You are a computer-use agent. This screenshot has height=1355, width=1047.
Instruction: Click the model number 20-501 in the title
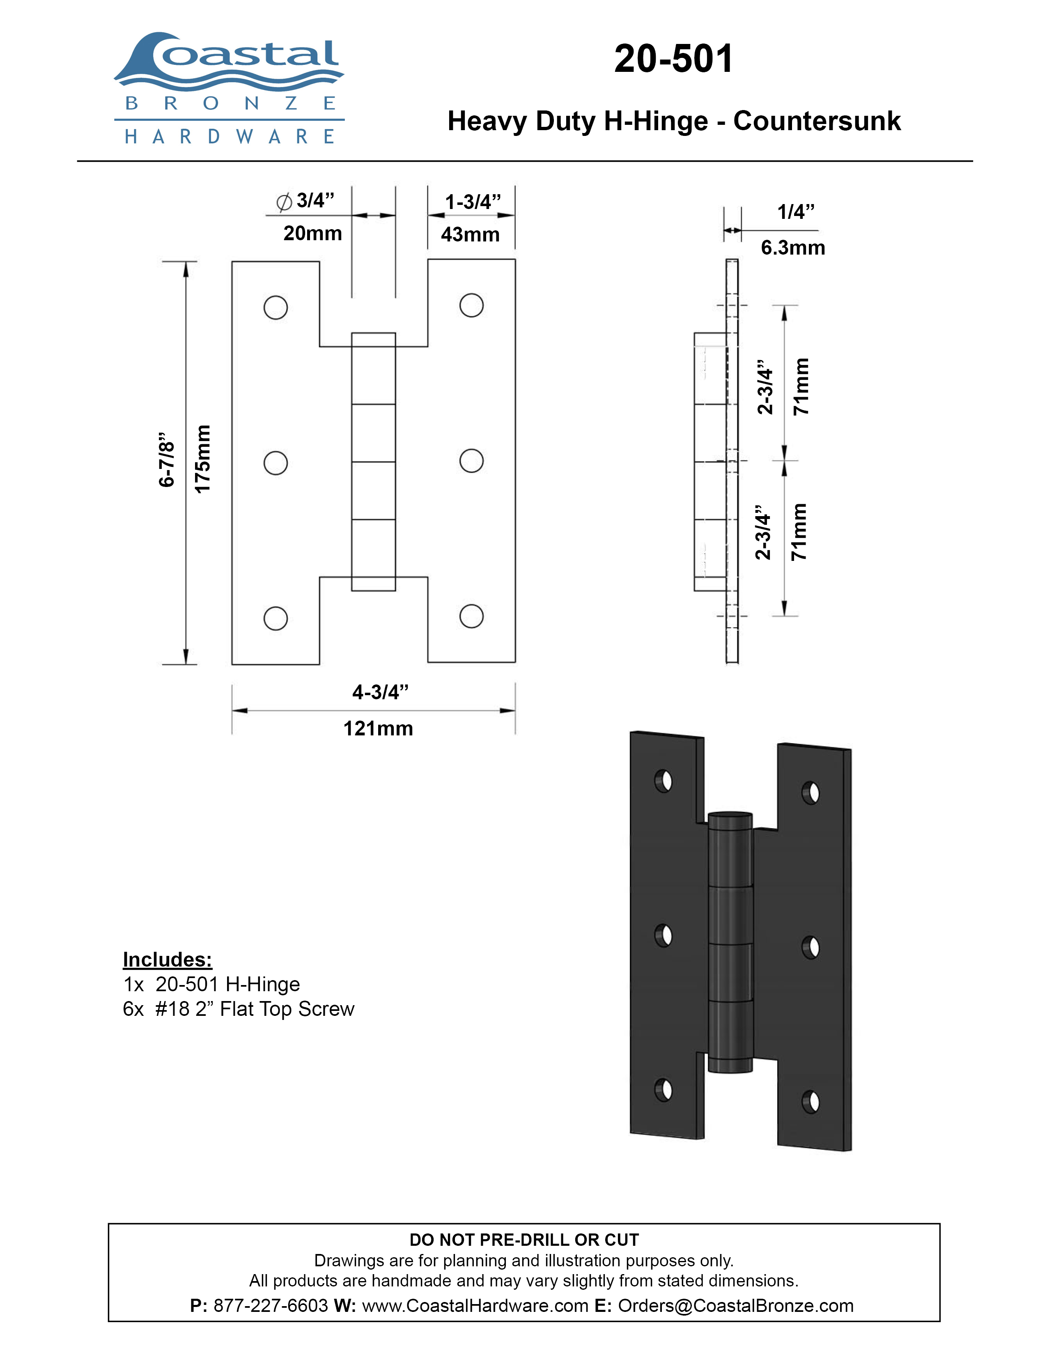click(x=674, y=59)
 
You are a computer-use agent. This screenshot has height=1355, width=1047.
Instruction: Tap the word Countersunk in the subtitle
click(x=817, y=121)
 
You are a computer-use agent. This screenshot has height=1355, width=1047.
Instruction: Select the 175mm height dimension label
click(x=203, y=459)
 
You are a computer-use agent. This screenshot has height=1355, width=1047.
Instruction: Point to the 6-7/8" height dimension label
click(x=167, y=460)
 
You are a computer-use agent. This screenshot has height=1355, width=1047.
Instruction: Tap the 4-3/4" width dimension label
click(x=380, y=692)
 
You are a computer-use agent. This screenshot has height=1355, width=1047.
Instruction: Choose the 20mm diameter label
click(x=312, y=233)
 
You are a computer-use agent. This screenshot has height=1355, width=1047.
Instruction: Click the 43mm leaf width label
click(x=470, y=234)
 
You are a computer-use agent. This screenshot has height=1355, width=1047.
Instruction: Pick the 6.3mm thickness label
click(x=793, y=248)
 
